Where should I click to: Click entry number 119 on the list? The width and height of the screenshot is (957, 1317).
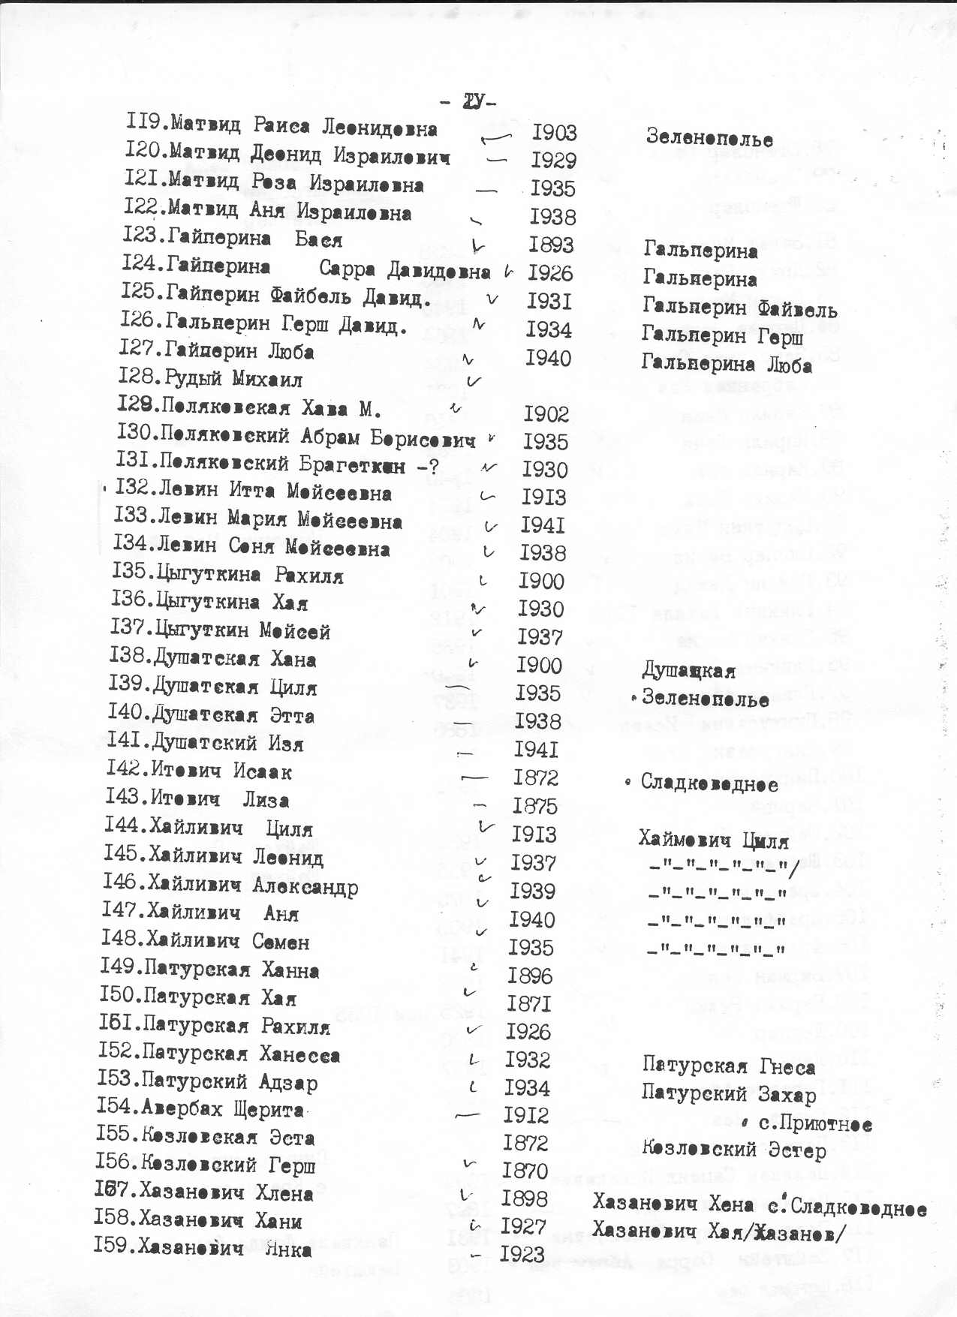point(146,122)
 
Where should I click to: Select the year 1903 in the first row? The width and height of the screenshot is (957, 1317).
point(554,133)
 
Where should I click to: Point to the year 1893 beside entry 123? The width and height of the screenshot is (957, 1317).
point(550,245)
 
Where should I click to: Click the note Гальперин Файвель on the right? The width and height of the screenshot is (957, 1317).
point(739,308)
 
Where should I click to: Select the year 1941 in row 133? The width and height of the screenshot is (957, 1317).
point(542,525)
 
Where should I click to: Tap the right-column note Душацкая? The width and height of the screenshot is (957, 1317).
point(688,670)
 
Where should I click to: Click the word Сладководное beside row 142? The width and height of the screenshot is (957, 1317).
point(709,783)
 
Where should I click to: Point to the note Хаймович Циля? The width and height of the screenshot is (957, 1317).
point(713,840)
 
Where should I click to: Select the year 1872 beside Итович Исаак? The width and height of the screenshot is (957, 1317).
point(535,778)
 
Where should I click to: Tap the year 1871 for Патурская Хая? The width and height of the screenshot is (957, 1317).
point(528,1004)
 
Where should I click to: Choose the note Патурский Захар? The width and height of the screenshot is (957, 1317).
point(728,1094)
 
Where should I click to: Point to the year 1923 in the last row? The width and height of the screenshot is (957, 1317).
point(522,1254)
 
